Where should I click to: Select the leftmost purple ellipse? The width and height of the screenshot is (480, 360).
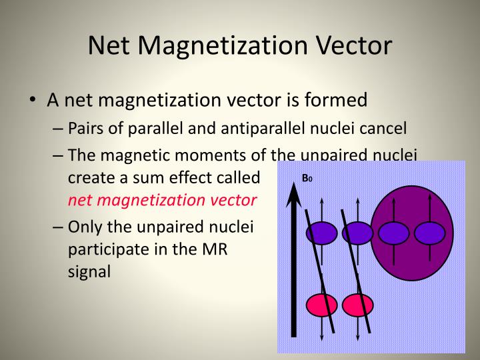[x=321, y=233]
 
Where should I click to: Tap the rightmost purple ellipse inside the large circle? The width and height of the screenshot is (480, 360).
[x=429, y=233]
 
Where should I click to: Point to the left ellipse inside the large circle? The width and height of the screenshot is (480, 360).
[x=393, y=233]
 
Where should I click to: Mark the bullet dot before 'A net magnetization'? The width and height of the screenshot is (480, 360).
[x=33, y=101]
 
